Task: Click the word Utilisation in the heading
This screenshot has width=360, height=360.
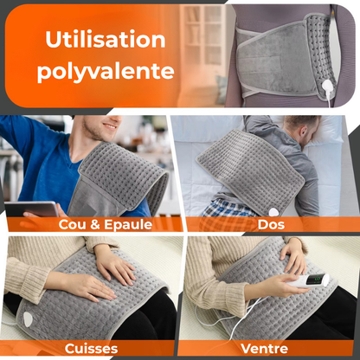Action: [x=106, y=40]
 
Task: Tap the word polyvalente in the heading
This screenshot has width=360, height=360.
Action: [x=106, y=70]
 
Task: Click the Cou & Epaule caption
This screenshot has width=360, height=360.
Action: [x=106, y=224]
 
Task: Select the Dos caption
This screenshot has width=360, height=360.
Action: [x=271, y=224]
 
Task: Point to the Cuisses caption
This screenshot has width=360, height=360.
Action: [x=91, y=349]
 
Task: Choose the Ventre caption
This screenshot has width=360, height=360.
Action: [x=265, y=348]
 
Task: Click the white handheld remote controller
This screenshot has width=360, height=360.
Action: [x=308, y=280]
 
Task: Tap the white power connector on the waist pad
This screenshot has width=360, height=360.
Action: [x=327, y=87]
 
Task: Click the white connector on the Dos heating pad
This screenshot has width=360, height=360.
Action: [x=273, y=212]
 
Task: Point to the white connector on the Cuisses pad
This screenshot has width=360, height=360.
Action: [x=28, y=319]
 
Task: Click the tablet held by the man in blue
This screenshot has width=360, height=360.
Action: [x=31, y=209]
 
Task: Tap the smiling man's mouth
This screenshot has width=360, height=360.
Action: [x=110, y=126]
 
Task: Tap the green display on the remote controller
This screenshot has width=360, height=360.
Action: [x=318, y=280]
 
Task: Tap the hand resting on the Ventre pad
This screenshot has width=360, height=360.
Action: [x=292, y=254]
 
